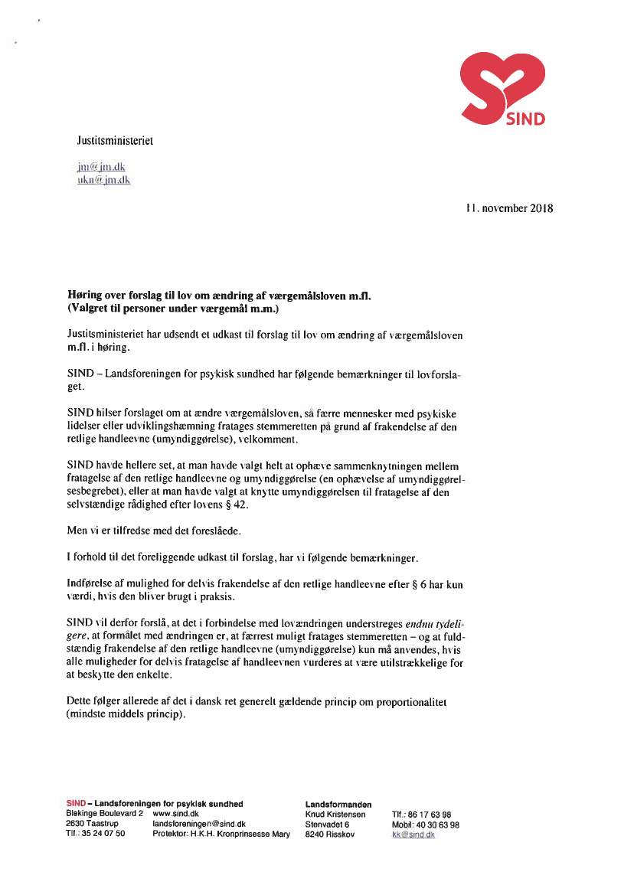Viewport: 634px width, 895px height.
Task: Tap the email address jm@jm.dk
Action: (100, 166)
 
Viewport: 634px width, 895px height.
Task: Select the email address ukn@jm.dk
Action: (103, 180)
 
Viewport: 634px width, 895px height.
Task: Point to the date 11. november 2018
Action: (509, 208)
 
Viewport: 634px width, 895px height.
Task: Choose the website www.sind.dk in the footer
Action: (176, 814)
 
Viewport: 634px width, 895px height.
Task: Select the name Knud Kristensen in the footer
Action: (335, 814)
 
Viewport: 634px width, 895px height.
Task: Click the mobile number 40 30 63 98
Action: (437, 825)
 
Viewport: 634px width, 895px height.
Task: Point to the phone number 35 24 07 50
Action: (103, 834)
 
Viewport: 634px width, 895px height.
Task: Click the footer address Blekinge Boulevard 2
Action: (104, 814)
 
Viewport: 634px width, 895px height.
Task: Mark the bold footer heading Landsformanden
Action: (338, 804)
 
